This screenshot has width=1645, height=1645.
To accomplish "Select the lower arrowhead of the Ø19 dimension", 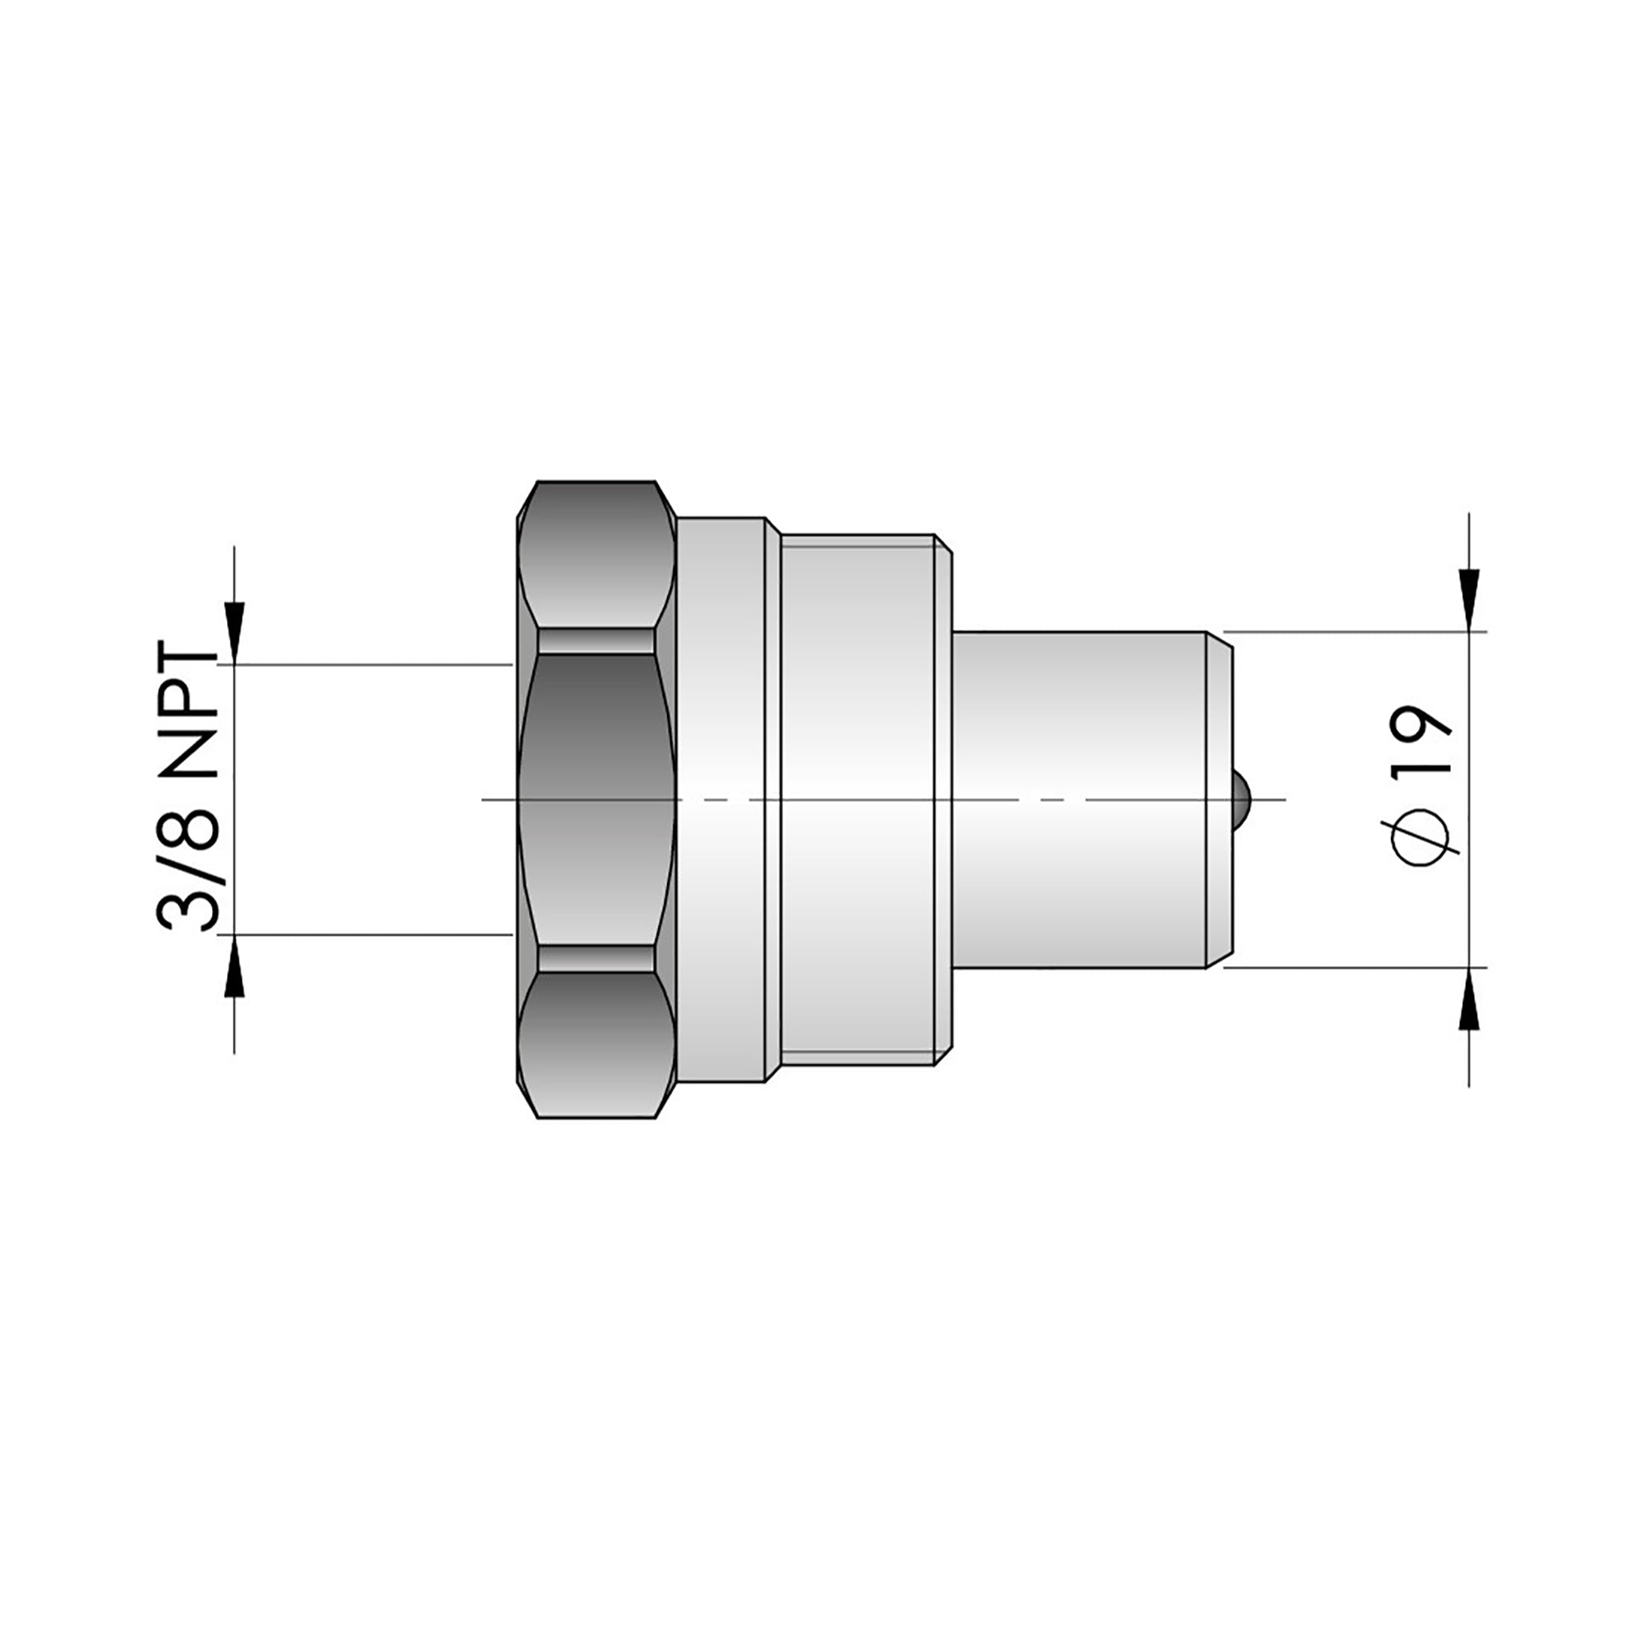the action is pos(1470,998).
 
